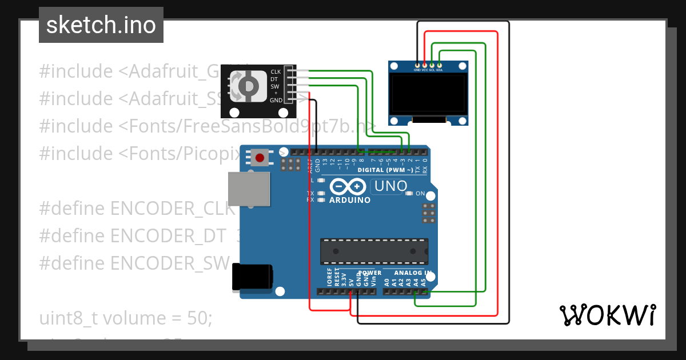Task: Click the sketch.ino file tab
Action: click(x=101, y=25)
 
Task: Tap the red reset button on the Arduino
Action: click(x=261, y=157)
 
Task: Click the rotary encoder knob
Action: click(x=248, y=86)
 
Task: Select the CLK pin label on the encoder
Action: click(x=275, y=72)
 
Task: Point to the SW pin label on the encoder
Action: click(x=274, y=86)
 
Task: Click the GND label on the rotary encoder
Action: click(x=276, y=100)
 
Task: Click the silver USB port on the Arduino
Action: click(x=249, y=189)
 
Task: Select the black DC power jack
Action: click(x=252, y=277)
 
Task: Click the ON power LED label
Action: click(x=420, y=194)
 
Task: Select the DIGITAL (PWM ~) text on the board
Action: click(x=385, y=170)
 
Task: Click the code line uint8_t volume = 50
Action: click(x=126, y=318)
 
